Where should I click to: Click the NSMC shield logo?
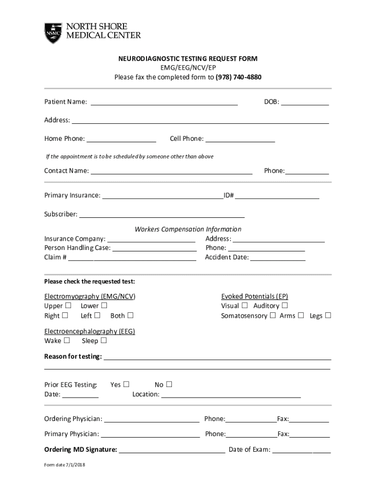tap(53, 33)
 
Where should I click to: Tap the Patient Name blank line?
tap(164, 102)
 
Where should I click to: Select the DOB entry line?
tap(305, 102)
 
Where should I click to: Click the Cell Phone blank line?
tap(240, 139)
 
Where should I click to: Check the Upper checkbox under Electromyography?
tap(68, 306)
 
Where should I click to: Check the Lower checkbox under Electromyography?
tap(104, 306)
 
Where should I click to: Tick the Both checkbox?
tap(130, 315)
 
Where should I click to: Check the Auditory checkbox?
tap(285, 306)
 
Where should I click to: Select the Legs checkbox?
tap(328, 315)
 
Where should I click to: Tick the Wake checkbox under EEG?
tap(67, 340)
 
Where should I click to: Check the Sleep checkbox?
tap(104, 340)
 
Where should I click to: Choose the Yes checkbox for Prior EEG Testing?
tap(126, 384)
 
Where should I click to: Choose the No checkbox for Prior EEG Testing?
tap(169, 384)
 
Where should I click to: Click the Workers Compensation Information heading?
tap(188, 229)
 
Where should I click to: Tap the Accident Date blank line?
tap(278, 258)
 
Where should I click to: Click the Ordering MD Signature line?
tap(172, 450)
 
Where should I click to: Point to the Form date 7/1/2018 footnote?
tap(64, 464)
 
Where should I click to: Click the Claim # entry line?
tap(132, 258)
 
